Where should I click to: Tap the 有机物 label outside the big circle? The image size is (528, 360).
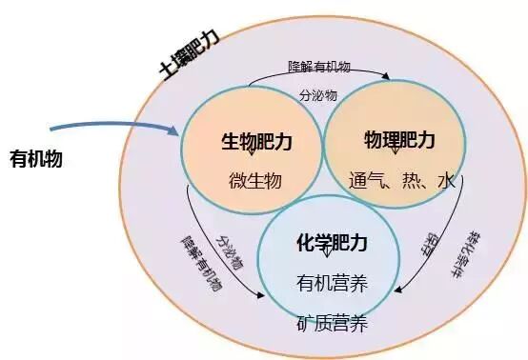[x=35, y=158]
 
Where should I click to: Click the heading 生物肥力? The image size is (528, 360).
[x=250, y=142]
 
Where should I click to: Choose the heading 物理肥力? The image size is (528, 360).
[x=398, y=142]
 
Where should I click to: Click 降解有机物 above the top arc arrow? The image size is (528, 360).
[x=319, y=68]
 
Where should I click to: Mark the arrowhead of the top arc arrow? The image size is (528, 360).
[x=385, y=77]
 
